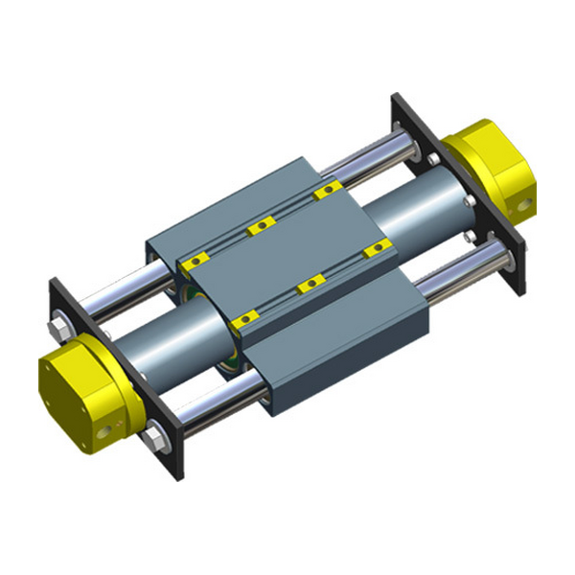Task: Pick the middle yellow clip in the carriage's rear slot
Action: point(256,227)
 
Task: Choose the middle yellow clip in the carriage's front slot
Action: point(309,284)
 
